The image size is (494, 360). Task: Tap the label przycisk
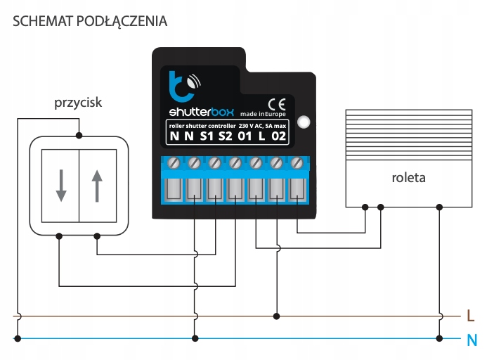pyautogui.click(x=78, y=103)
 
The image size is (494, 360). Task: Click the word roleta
pyautogui.click(x=409, y=178)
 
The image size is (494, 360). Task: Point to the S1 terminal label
pyautogui.click(x=207, y=136)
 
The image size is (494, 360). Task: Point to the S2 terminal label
pyautogui.click(x=226, y=136)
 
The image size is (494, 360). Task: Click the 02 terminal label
pyautogui.click(x=278, y=136)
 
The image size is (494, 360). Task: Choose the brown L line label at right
pyautogui.click(x=470, y=316)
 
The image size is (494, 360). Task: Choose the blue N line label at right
pyautogui.click(x=472, y=340)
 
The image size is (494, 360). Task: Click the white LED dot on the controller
pyautogui.click(x=303, y=122)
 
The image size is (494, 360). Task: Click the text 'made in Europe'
pyautogui.click(x=261, y=113)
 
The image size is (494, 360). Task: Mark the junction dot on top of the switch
pyautogui.click(x=79, y=134)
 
